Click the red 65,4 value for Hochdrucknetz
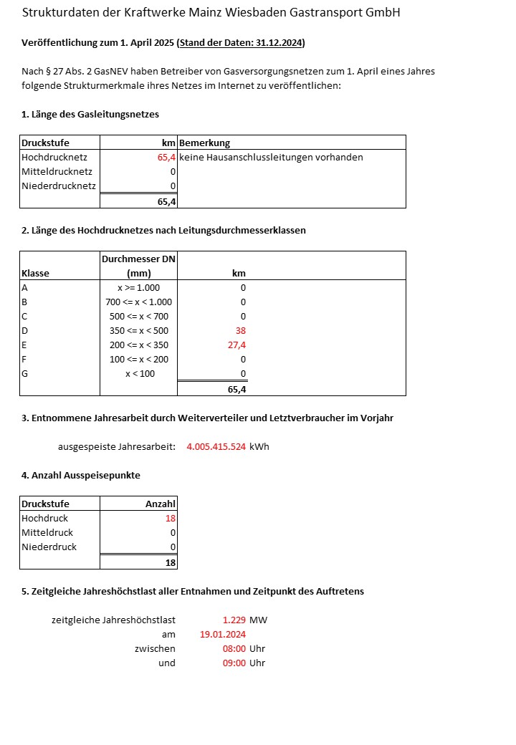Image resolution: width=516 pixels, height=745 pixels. (x=166, y=157)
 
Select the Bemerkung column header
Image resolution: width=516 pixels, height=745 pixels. (x=204, y=143)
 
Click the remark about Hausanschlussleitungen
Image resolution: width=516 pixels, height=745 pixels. (x=271, y=157)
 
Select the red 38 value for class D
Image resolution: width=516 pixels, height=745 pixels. (x=240, y=330)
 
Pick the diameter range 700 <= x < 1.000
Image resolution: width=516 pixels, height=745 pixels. (x=138, y=302)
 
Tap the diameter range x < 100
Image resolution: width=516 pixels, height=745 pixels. (x=139, y=373)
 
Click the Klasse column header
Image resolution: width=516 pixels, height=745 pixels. (x=36, y=273)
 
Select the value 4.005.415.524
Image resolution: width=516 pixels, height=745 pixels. (x=216, y=446)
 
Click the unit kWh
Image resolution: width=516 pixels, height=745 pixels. (x=259, y=446)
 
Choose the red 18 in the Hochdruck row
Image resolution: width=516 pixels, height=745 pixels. (x=170, y=518)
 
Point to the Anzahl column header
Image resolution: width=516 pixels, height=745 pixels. (x=160, y=504)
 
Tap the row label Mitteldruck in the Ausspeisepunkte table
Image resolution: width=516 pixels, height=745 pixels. (x=47, y=532)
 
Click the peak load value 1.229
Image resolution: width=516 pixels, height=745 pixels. (x=234, y=620)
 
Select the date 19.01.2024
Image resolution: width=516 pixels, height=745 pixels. (x=223, y=634)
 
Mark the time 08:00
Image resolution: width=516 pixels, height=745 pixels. (x=234, y=648)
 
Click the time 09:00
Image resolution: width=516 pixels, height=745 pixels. (x=234, y=663)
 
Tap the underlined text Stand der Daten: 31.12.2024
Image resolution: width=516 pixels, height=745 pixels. (x=241, y=43)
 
